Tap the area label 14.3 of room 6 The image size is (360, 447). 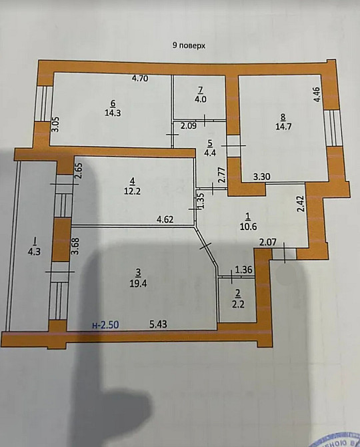click(x=111, y=113)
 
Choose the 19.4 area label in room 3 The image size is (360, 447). click(x=138, y=282)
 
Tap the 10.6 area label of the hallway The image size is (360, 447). click(x=248, y=226)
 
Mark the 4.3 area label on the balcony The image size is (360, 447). click(x=32, y=252)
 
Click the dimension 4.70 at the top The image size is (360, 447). click(x=139, y=79)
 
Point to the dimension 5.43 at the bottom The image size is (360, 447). click(x=157, y=325)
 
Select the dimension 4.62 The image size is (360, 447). click(x=165, y=219)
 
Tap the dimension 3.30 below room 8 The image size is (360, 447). click(x=261, y=177)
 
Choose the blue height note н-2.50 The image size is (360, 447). click(x=105, y=325)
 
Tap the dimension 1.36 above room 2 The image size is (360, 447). click(x=245, y=270)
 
